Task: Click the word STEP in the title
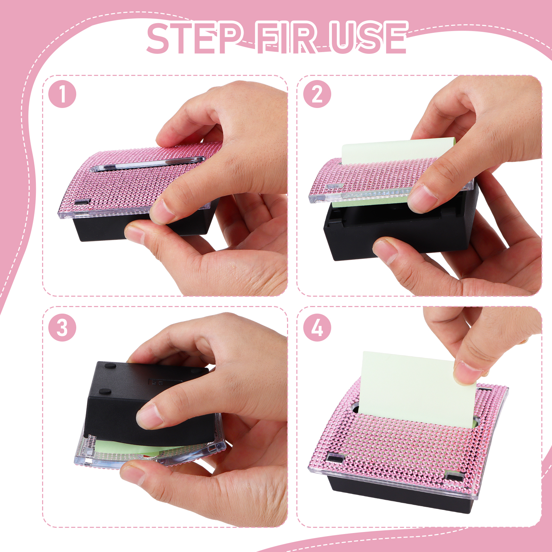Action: click(x=194, y=38)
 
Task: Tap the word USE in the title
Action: click(x=368, y=38)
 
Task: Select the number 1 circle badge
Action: click(x=62, y=94)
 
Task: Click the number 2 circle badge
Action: click(x=317, y=94)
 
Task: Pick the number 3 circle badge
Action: click(x=62, y=327)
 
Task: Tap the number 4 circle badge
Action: click(x=317, y=327)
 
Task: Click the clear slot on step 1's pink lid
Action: click(x=147, y=164)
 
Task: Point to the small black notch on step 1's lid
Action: click(x=83, y=202)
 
